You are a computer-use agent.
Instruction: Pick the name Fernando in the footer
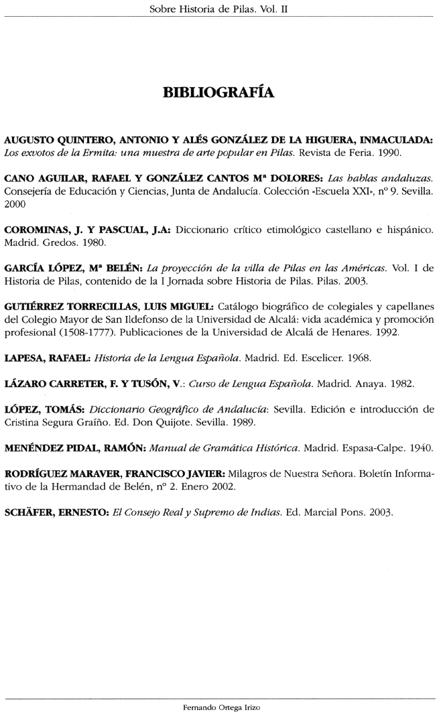point(194,706)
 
